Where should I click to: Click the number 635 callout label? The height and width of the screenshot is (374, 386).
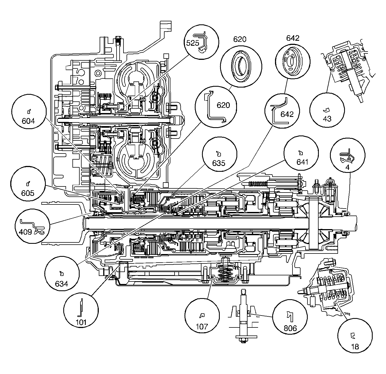click(219, 163)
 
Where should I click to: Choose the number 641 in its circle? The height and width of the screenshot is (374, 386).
click(302, 162)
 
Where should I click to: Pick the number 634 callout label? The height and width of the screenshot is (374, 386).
click(62, 284)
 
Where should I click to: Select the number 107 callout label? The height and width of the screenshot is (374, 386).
click(202, 326)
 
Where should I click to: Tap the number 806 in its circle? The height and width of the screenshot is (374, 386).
click(290, 328)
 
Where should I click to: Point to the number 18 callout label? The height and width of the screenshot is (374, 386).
click(355, 346)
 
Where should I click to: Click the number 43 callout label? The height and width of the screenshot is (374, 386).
click(327, 119)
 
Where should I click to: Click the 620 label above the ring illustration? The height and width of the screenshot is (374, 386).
click(239, 39)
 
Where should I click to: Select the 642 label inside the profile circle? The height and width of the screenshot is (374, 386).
click(287, 114)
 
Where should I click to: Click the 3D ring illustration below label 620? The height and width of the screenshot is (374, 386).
click(241, 65)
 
